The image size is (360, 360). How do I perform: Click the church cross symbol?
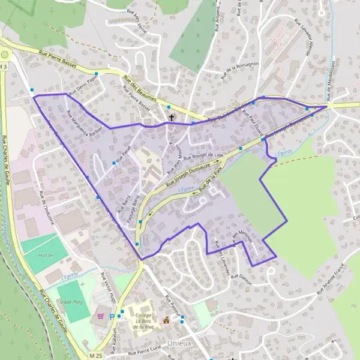tap(172, 118)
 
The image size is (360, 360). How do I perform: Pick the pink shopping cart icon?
tap(101, 316)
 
